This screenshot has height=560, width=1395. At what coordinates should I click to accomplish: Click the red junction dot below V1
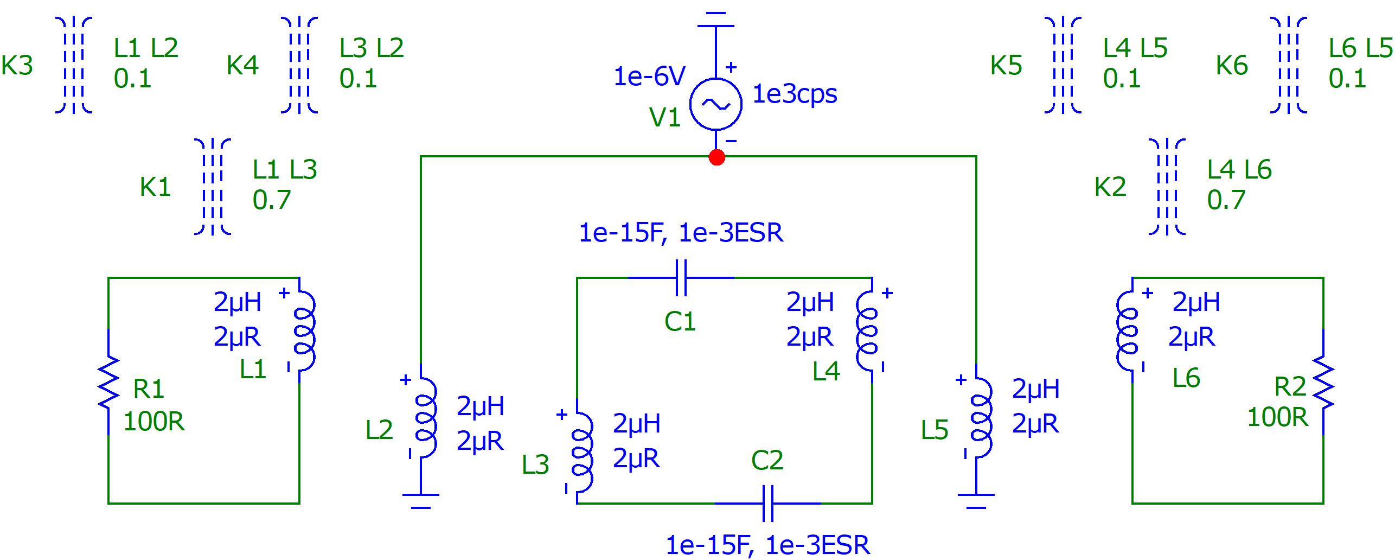[716, 157]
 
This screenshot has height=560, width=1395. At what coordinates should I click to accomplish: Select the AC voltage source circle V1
[716, 105]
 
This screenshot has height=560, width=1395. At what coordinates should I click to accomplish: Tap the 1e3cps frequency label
[795, 94]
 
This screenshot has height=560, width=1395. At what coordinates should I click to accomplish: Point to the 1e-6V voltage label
[649, 77]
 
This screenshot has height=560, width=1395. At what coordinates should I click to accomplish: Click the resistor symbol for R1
[109, 382]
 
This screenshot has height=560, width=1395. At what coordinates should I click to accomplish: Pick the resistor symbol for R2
[1323, 382]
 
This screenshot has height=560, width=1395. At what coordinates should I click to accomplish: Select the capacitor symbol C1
[682, 278]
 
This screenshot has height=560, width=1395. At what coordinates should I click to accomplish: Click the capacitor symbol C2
[768, 504]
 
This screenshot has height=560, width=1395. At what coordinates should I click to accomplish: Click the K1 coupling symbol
[213, 187]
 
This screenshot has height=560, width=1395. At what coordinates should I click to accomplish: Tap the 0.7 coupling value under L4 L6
[1226, 200]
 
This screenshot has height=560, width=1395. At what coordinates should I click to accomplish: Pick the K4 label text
[242, 66]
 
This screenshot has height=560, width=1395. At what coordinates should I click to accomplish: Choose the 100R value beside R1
[154, 421]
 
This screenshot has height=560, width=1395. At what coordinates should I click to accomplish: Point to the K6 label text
[1232, 66]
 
